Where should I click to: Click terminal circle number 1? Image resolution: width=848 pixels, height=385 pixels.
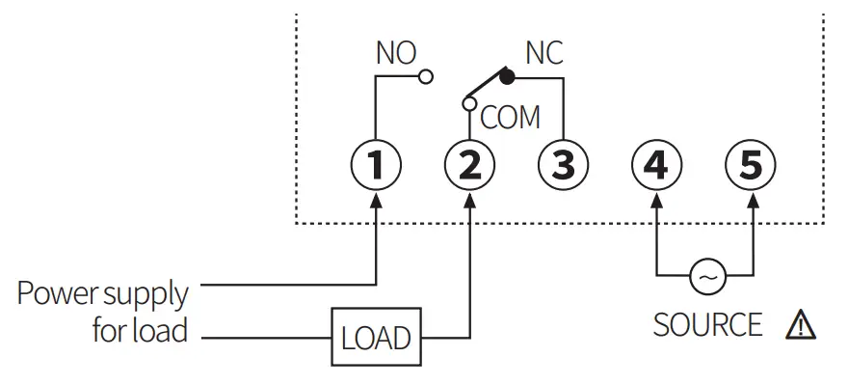[376, 165]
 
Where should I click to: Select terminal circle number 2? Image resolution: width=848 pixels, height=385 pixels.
[469, 165]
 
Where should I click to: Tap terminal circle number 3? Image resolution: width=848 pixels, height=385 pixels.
[563, 165]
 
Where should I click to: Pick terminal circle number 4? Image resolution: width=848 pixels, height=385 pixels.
[656, 165]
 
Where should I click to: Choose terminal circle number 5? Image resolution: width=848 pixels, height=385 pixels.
[750, 165]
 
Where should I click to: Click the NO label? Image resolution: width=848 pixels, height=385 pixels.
[395, 54]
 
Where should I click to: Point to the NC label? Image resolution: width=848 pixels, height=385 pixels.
[543, 53]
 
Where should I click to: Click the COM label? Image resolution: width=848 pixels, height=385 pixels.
[510, 118]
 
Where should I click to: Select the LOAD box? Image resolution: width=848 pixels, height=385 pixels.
[376, 338]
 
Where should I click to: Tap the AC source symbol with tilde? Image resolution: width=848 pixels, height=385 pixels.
[706, 278]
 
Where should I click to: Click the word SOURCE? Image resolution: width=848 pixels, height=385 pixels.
[707, 325]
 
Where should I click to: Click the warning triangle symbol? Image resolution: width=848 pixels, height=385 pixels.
[801, 325]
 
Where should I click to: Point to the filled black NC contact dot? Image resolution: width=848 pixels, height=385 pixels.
[507, 77]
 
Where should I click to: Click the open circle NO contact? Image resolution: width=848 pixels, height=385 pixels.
[425, 77]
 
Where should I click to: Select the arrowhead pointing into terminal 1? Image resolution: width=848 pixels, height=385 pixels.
[376, 200]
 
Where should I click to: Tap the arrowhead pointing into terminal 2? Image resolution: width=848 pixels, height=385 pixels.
[469, 200]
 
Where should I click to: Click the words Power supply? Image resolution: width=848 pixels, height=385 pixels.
[102, 293]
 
